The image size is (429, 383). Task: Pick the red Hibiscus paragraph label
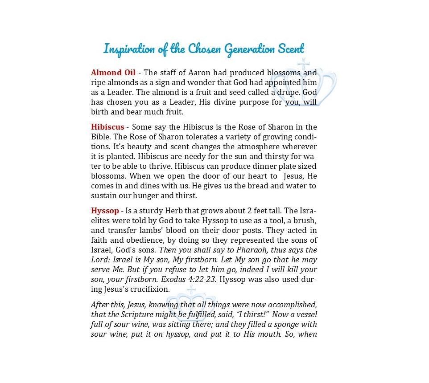tap(107, 127)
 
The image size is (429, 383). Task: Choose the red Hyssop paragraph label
tap(105, 211)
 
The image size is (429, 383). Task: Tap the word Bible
tap(100, 137)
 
